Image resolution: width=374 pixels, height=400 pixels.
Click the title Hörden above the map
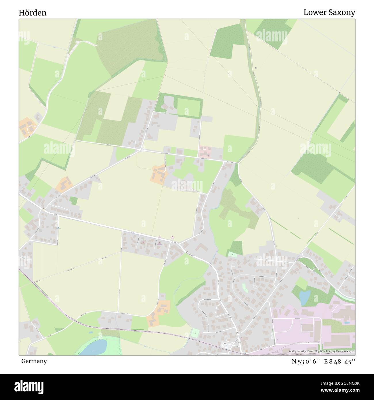tap(33, 13)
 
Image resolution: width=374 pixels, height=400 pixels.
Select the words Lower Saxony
tap(329, 12)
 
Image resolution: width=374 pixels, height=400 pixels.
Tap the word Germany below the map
tap(34, 361)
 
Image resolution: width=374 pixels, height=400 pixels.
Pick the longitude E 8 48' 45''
tap(339, 361)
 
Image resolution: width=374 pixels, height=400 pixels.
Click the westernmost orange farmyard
tap(27, 127)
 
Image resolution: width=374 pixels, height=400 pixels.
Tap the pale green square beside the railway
tap(195, 333)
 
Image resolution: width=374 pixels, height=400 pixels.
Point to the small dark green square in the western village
tap(74, 201)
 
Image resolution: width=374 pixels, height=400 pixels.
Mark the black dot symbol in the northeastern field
tap(256, 68)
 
